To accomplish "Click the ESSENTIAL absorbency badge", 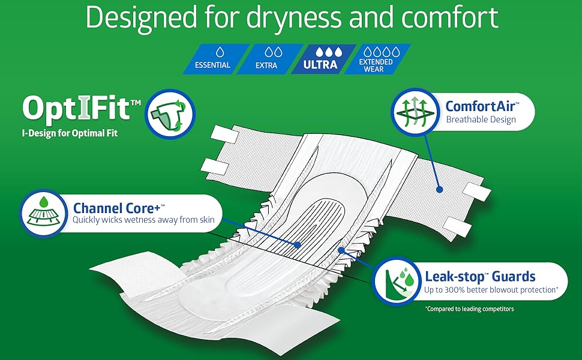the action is pos(216,59).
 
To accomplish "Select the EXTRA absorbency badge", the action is pos(269,59).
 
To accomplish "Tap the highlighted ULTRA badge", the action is pos(323,59).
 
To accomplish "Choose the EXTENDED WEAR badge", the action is pos(377,59).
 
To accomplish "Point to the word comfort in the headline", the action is pos(450,17).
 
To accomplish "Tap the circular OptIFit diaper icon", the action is pos(170,114).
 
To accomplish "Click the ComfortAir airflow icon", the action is pos(416,112).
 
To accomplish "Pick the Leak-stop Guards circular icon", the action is pos(398,281).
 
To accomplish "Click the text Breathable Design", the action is pos(481,119).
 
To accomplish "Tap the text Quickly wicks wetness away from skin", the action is pos(143,220).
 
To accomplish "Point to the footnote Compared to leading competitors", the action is pos(470,308).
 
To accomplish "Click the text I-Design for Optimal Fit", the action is pos(70,133).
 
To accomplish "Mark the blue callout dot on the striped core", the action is pos(297,245).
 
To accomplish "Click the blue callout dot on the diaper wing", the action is pos(439,189).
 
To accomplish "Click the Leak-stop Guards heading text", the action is pos(480,277).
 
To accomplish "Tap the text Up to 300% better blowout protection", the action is pos(491,290).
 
